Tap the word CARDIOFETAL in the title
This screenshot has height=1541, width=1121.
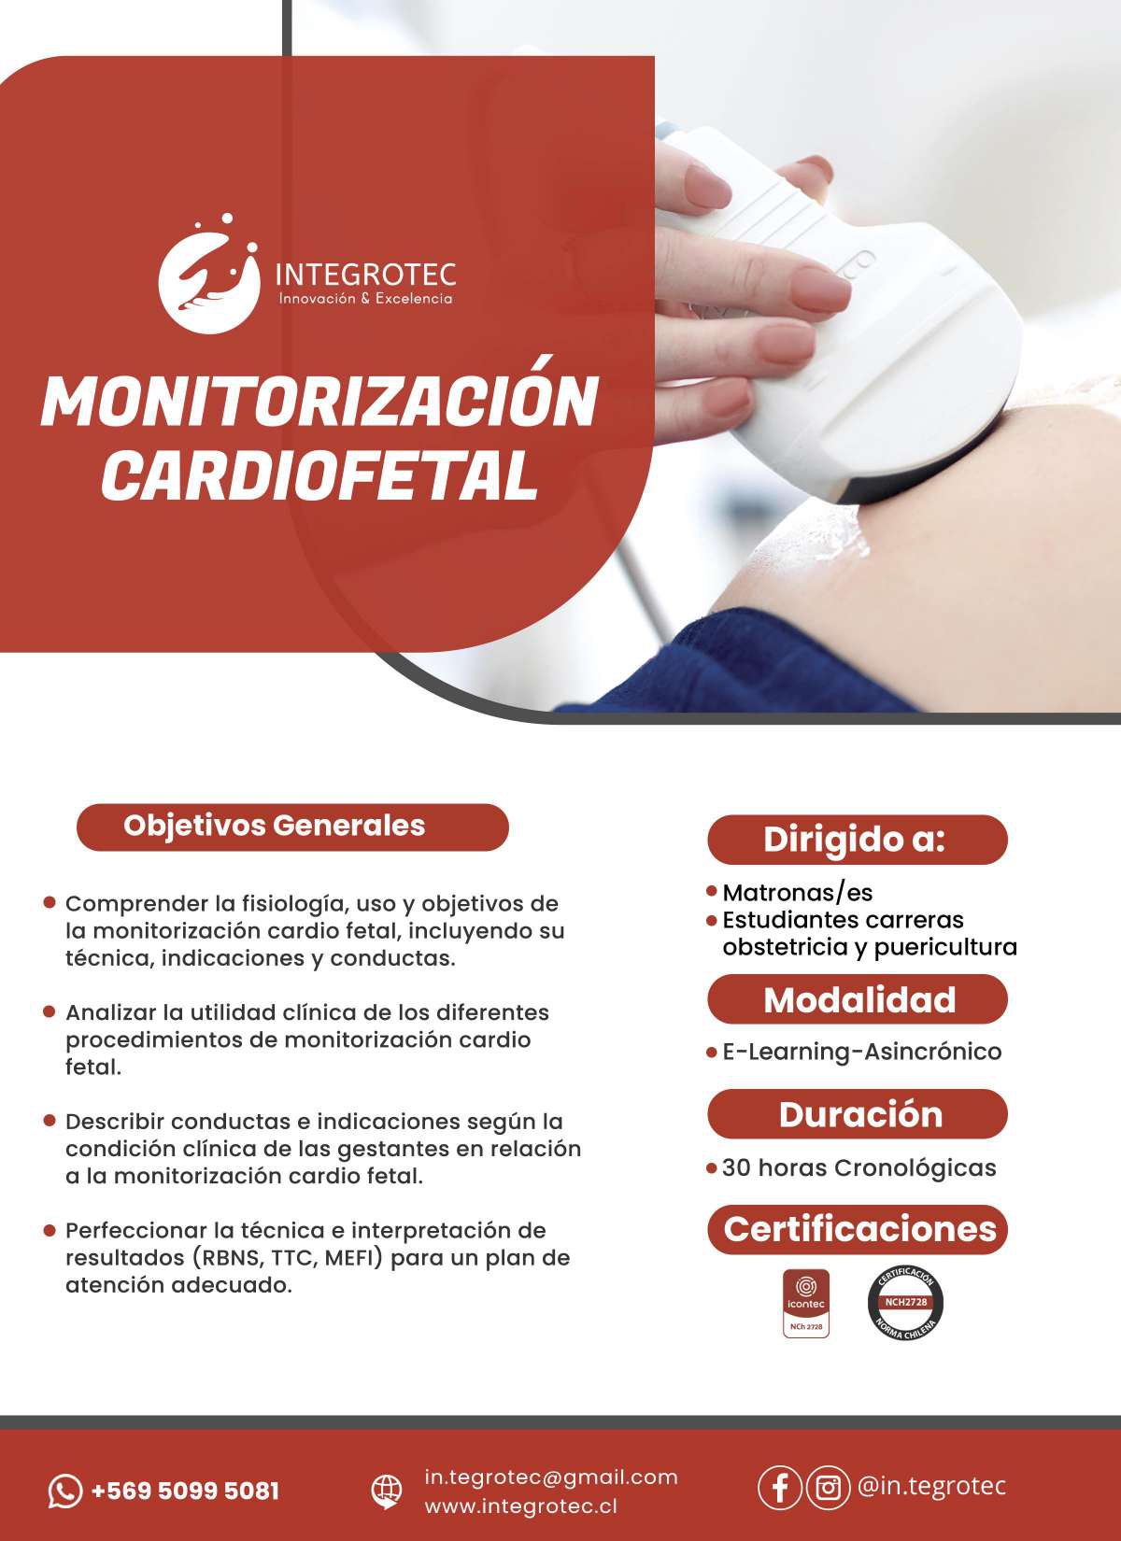(x=319, y=476)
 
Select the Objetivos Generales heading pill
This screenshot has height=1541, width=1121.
(x=292, y=827)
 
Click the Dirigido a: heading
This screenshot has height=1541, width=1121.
(x=857, y=840)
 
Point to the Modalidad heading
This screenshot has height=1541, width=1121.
(x=857, y=999)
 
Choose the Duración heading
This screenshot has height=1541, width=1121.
(x=857, y=1114)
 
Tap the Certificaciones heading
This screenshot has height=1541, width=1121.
(x=857, y=1229)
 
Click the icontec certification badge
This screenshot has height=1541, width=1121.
(x=806, y=1304)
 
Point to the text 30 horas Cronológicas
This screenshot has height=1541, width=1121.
(x=858, y=1167)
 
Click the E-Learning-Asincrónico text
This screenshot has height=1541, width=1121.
(x=861, y=1052)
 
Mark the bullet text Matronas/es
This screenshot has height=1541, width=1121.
(x=798, y=893)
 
